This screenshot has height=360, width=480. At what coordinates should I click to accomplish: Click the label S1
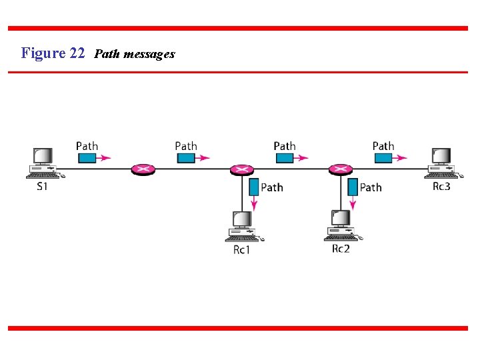[x=42, y=187]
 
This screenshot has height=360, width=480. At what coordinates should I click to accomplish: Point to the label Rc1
[x=241, y=250]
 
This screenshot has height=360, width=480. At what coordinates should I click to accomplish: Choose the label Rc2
[x=341, y=249]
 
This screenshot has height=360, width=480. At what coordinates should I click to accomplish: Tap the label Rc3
[x=441, y=186]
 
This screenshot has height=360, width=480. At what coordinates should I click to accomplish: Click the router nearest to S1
[x=143, y=169]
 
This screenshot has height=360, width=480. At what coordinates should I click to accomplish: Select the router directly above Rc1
[x=241, y=169]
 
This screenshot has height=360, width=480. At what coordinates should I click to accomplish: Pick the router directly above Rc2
[x=340, y=169]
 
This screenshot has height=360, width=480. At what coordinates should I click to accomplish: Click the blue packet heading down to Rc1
[x=253, y=186]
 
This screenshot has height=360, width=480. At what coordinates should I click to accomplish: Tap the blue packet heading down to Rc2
[x=353, y=186]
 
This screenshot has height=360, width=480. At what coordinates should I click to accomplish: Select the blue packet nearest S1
[x=87, y=158]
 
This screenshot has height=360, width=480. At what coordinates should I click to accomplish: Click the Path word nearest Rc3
[x=383, y=146]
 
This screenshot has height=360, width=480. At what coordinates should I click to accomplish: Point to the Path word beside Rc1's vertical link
[x=272, y=187]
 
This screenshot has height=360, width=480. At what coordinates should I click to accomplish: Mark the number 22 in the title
[x=77, y=53]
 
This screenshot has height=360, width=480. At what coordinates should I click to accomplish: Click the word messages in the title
[x=149, y=54]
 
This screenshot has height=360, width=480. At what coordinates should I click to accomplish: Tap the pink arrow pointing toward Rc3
[x=400, y=158]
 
